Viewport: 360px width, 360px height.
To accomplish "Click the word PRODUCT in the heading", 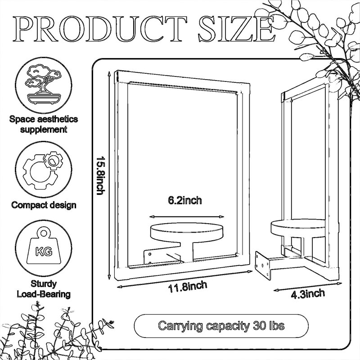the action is click(99, 29).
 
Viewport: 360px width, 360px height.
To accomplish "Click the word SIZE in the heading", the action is click(237, 29).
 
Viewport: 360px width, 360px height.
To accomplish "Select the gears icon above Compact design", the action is click(43, 170).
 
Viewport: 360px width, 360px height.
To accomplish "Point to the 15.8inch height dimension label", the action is click(100, 176).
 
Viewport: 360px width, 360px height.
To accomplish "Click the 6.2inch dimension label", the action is click(185, 200).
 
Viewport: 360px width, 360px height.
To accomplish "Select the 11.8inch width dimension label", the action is click(188, 287).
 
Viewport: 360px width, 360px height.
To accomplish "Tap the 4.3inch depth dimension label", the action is click(308, 294).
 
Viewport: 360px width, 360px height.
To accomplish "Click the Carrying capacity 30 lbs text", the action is click(221, 325).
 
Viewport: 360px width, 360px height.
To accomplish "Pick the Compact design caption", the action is click(44, 205).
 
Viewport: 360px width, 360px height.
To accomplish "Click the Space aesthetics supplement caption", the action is click(44, 124).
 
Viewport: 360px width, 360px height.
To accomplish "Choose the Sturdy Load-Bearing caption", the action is click(44, 289).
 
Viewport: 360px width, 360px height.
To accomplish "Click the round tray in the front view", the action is click(187, 232).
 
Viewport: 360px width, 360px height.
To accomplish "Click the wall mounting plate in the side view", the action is click(263, 265).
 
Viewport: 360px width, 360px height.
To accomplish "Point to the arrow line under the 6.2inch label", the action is click(186, 217).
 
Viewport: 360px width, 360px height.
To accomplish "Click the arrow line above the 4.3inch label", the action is click(308, 287).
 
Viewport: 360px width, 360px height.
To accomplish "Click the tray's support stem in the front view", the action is click(187, 252).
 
